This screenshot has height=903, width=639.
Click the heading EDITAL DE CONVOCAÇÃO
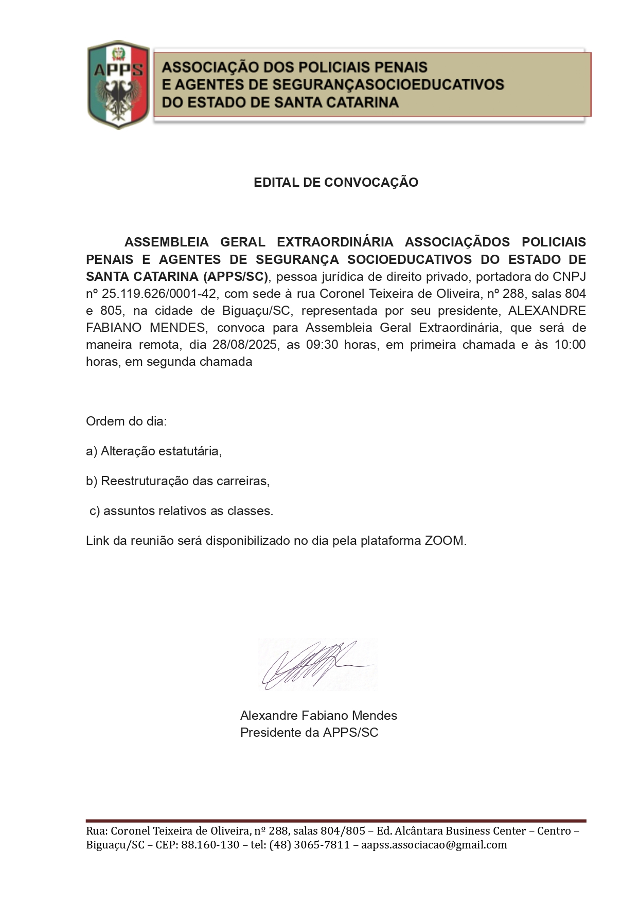(x=335, y=183)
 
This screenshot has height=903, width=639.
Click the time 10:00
(x=570, y=345)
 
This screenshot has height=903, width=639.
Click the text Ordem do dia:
(x=126, y=421)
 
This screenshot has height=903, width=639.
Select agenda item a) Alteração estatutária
(x=154, y=451)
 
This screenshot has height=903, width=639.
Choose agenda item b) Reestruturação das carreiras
(x=177, y=481)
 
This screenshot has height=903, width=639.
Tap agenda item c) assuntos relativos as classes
(x=181, y=511)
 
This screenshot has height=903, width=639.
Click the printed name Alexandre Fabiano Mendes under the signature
(x=318, y=715)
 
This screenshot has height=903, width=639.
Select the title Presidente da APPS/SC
(x=309, y=732)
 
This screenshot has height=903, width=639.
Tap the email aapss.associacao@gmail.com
(x=434, y=845)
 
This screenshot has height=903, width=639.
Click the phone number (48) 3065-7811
(x=309, y=845)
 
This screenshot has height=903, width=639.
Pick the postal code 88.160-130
(x=210, y=845)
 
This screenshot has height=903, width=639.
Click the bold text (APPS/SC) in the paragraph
(x=236, y=277)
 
